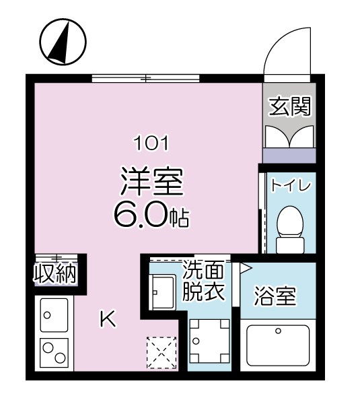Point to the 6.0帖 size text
coord(152,215)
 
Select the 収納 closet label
coord(55,274)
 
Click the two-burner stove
coord(53,351)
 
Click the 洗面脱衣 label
coord(203,283)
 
